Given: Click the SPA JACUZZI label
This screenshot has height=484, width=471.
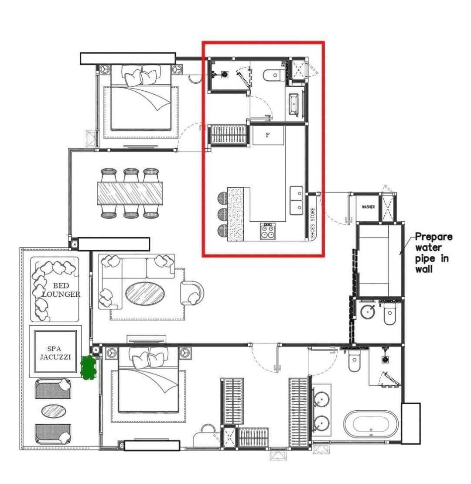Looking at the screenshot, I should pyautogui.click(x=55, y=353).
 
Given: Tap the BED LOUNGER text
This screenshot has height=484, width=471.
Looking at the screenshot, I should pyautogui.click(x=61, y=290).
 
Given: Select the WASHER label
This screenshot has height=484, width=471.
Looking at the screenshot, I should pyautogui.click(x=368, y=207).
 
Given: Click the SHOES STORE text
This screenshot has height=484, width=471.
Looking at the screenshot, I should pyautogui.click(x=313, y=223).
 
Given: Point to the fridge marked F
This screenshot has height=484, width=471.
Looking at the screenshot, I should pyautogui.click(x=268, y=135).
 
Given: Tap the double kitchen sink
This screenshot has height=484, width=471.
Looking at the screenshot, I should pyautogui.click(x=297, y=200).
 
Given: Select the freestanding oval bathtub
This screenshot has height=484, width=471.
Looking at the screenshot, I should pyautogui.click(x=371, y=424).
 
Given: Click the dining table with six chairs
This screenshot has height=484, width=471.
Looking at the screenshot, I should pyautogui.click(x=130, y=193).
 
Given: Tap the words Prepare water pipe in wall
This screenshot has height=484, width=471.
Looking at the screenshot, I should pyautogui.click(x=433, y=253).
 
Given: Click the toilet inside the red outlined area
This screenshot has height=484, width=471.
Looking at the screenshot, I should pyautogui.click(x=273, y=76).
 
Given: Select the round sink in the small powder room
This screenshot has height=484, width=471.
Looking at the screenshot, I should pyautogui.click(x=369, y=312).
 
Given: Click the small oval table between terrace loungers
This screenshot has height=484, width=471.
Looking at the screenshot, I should pyautogui.click(x=54, y=411).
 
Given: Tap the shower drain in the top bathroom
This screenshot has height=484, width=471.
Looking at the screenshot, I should pyautogui.click(x=224, y=75).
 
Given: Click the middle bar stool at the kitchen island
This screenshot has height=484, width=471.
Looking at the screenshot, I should pyautogui.click(x=222, y=214).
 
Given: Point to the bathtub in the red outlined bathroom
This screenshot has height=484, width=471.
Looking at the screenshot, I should pyautogui.click(x=294, y=105).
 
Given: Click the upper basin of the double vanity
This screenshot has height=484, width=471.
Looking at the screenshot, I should pyautogui.click(x=322, y=399).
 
